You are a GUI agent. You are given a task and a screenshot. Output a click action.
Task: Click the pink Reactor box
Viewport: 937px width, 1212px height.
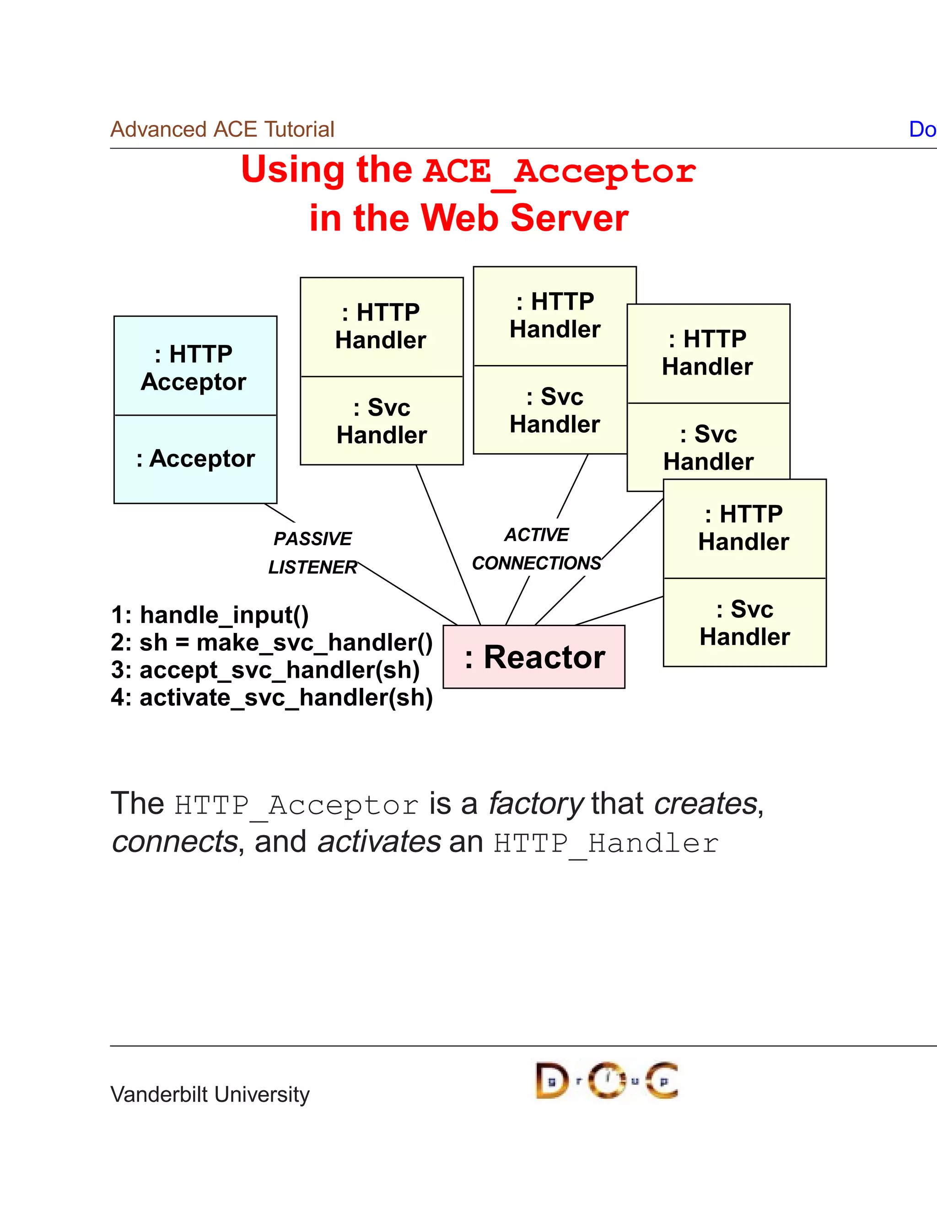click(534, 657)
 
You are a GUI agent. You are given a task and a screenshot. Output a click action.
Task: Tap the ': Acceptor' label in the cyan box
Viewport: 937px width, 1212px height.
click(195, 459)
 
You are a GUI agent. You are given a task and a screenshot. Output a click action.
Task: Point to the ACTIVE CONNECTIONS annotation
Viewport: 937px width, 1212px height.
click(536, 549)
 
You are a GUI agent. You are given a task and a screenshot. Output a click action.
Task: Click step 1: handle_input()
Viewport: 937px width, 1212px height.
click(210, 615)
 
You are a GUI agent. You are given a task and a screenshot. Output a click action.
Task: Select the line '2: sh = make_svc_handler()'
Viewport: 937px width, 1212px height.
click(271, 643)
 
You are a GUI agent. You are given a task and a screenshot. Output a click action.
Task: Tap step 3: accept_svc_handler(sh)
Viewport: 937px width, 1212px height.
click(265, 670)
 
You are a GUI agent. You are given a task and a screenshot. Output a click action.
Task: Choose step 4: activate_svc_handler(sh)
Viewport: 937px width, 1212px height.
click(271, 697)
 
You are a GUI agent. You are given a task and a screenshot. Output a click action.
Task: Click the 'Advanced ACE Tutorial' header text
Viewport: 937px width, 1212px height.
click(222, 129)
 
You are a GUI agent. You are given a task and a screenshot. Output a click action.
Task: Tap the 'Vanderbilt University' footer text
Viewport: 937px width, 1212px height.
click(210, 1094)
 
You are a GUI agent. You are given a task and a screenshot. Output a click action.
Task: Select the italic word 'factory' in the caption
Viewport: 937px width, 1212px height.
click(536, 804)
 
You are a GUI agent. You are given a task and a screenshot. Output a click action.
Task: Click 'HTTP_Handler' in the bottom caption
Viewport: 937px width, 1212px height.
click(606, 843)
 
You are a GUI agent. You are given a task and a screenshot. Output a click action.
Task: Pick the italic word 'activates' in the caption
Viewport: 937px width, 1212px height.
click(379, 842)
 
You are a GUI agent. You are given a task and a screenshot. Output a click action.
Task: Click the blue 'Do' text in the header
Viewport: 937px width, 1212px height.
click(922, 129)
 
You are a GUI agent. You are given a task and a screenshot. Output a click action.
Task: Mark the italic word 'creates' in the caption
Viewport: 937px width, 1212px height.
click(705, 804)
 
